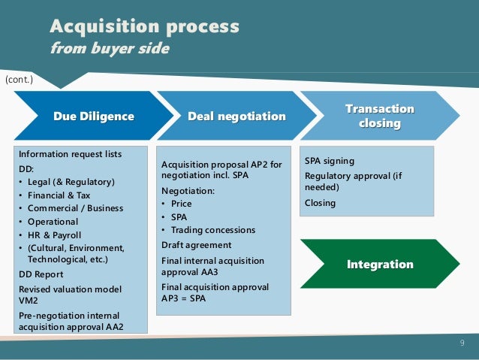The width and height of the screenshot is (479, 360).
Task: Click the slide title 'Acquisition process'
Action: coord(144,27)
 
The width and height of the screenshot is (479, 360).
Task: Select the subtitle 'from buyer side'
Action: coord(110,49)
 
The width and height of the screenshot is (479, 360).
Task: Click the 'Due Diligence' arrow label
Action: coord(94,116)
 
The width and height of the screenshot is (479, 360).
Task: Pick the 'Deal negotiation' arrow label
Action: coord(236,116)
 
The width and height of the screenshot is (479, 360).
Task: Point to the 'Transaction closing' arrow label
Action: coord(379,116)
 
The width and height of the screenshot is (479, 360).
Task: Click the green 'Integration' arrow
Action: coord(380,265)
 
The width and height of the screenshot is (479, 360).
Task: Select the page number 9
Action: coord(462,343)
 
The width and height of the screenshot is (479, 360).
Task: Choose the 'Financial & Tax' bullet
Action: coord(59,195)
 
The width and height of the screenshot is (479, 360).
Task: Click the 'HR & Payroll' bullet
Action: coord(56,234)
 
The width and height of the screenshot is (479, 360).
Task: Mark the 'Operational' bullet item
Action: coord(53,222)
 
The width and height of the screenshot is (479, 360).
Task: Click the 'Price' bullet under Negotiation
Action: coord(181,204)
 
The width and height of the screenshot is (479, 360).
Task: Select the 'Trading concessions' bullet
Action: coord(213,230)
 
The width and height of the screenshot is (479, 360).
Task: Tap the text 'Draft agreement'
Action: coord(197,245)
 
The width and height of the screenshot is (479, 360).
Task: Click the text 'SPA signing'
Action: coord(329,161)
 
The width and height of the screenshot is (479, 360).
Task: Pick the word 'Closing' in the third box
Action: coord(321,203)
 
